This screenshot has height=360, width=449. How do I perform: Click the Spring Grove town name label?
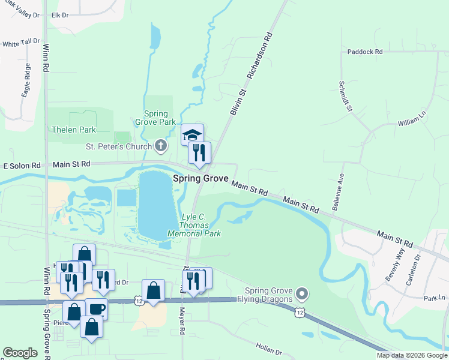click(201, 178)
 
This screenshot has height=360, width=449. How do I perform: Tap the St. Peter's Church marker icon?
click(160, 145)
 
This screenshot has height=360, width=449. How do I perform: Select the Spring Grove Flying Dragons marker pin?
click(302, 294)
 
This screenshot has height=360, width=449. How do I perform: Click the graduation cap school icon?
click(193, 134)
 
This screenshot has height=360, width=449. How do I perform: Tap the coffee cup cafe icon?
click(96, 309)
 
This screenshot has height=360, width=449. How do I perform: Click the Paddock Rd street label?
click(364, 52)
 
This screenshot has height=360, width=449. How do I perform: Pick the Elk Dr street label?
click(61, 14)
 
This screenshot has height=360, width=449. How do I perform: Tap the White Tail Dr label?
click(20, 44)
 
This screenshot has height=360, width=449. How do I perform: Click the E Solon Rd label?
click(22, 166)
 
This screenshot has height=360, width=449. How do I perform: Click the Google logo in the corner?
click(20, 353)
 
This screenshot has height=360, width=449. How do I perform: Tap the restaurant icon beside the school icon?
click(199, 153)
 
